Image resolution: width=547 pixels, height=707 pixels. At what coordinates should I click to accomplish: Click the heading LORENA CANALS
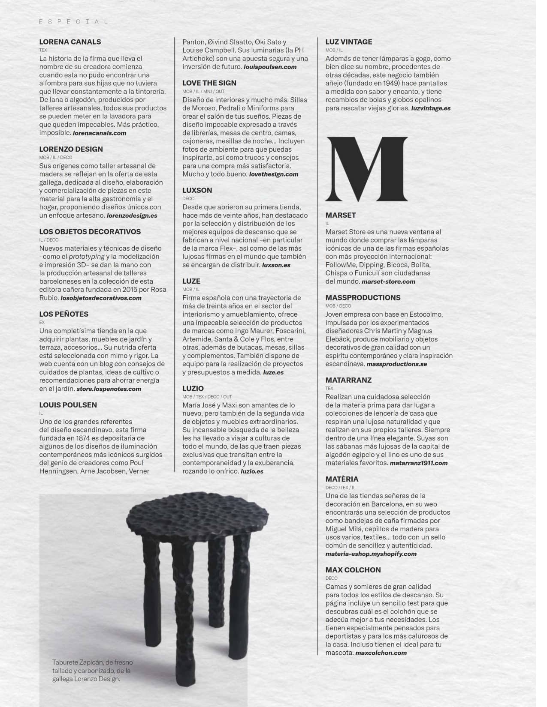coord(70,42)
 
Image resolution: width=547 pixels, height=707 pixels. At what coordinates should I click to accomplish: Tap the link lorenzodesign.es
coord(132,216)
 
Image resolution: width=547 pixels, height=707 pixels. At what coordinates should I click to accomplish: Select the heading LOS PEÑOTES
coord(63,314)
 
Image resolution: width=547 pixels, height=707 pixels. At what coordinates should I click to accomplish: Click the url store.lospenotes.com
coord(109,389)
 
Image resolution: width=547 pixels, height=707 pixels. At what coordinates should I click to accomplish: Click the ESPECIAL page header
coord(73,21)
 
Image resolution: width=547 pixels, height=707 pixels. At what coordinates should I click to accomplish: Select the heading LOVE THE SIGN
coord(209,83)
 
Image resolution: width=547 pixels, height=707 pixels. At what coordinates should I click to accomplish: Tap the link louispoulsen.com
coord(270,67)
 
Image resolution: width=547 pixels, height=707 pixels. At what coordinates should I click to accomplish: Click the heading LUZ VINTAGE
coord(348,42)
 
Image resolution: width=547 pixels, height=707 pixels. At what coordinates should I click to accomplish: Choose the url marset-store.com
coord(388,282)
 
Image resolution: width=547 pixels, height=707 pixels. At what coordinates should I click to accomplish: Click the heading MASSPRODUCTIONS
coord(363,298)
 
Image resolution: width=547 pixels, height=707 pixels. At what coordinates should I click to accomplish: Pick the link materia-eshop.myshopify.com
coord(371,554)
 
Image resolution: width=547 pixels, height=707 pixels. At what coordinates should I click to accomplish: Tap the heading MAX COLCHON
coord(353,570)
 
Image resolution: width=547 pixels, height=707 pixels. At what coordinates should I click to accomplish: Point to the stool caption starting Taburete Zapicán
coord(92,671)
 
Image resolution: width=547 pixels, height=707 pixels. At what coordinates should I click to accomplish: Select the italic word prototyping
coord(87,257)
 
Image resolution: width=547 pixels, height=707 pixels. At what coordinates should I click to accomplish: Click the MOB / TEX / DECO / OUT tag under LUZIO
coord(207,397)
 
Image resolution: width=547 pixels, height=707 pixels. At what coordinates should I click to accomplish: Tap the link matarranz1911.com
coord(418,463)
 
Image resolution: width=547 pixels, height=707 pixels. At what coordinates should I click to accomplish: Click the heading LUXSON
coord(197,190)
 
